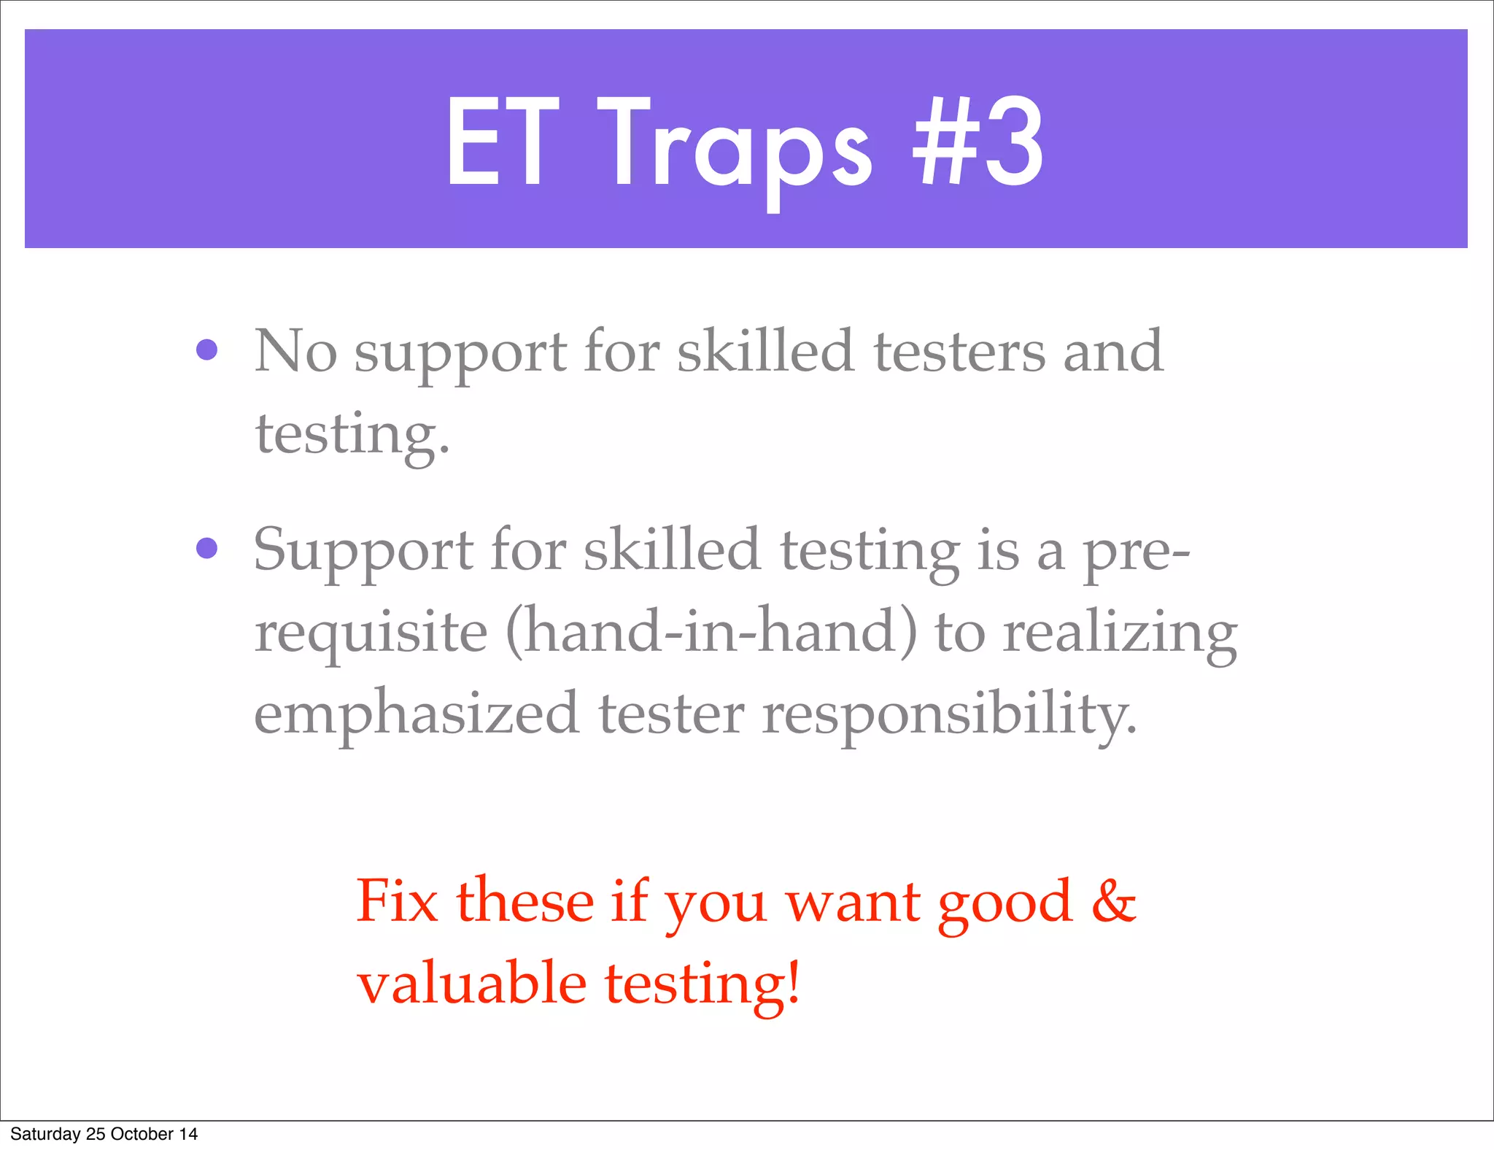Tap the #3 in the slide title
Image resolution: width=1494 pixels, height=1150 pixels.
[x=978, y=142]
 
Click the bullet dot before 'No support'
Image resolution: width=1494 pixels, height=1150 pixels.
[x=207, y=350]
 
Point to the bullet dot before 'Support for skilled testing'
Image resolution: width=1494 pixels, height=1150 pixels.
[x=207, y=548]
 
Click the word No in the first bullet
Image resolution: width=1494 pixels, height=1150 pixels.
[x=295, y=352]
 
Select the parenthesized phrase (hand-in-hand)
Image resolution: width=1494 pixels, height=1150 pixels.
[x=711, y=631]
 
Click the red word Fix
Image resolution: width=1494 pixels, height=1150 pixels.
[x=398, y=902]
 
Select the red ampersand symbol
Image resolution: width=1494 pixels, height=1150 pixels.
[x=1114, y=902]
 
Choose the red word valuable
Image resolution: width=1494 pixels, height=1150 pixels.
[x=472, y=984]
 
